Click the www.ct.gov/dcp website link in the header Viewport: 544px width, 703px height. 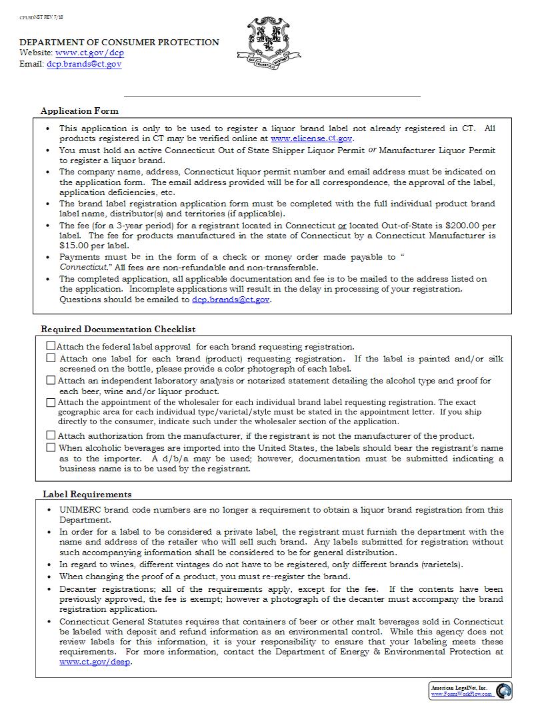coord(89,53)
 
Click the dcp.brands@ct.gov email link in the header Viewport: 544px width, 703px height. coord(84,65)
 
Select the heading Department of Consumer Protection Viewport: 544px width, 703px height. coord(119,42)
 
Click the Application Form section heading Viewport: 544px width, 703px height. coord(79,111)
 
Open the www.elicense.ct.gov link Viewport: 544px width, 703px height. coord(311,138)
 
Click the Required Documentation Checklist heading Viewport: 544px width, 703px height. coord(118,329)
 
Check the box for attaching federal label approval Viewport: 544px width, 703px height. coord(51,346)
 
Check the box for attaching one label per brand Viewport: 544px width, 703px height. coord(51,358)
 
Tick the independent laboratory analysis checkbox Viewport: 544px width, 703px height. coord(51,380)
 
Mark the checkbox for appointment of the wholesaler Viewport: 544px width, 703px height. coord(51,402)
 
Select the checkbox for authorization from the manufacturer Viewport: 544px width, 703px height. coord(51,435)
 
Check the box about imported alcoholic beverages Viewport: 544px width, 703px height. coord(51,447)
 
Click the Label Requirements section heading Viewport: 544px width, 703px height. coord(87,494)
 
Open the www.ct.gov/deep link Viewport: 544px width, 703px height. coord(93,662)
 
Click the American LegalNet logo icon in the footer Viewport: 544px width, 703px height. coord(503,690)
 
